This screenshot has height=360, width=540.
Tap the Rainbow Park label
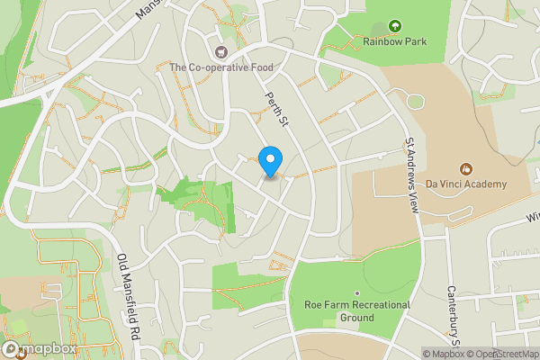tap(394, 41)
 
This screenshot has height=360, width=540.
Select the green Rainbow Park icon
tap(394, 25)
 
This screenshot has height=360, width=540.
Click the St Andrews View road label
tap(412, 175)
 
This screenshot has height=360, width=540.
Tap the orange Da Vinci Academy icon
tap(466, 168)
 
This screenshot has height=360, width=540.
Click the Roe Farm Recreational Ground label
tap(357, 311)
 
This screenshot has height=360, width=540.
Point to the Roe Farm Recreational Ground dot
tap(357, 293)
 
